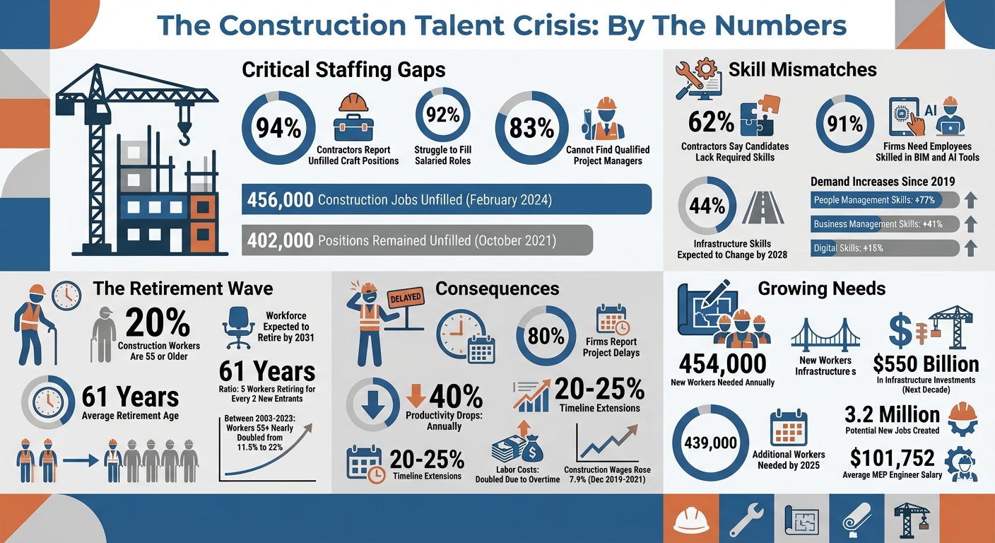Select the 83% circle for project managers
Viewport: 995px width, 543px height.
point(531,128)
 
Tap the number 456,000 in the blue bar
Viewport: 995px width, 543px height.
point(281,200)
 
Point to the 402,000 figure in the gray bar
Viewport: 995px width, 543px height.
point(281,240)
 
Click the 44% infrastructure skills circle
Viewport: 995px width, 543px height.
point(707,206)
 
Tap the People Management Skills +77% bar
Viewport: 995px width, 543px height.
point(885,200)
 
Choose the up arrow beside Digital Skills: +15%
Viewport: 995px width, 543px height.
point(971,248)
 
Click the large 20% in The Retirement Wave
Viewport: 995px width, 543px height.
point(158,322)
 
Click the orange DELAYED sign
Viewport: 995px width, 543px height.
point(405,297)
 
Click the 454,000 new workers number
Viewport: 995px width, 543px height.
point(722,363)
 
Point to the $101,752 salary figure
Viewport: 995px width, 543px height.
point(892,458)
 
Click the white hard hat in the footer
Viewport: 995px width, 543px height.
point(692,520)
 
